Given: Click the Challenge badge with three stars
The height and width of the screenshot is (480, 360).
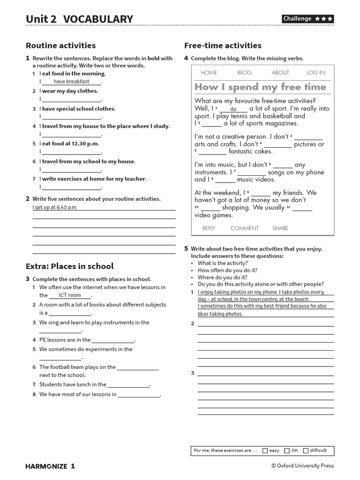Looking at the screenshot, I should coord(307,19).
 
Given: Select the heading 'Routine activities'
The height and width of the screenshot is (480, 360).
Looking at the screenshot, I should coord(60,45).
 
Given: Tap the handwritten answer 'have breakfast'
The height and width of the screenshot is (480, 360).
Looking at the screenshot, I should coord(71,82).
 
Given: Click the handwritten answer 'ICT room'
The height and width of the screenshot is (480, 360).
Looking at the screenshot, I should coord(69,295).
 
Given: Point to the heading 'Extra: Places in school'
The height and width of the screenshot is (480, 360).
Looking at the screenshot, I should coord(69,266).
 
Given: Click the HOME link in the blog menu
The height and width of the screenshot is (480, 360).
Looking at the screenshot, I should coord(209,73).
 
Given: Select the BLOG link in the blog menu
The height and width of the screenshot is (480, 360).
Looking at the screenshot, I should coord(244,73).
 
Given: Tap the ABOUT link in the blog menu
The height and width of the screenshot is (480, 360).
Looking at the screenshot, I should coord(280,73).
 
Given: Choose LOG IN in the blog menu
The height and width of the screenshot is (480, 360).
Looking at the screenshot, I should coord(315,73).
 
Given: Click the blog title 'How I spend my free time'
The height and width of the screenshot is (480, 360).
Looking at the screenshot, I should coord(260,87).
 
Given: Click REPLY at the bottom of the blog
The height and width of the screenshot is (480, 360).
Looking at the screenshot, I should coord(209,228).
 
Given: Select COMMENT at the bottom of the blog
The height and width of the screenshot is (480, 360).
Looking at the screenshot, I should coord(244,228).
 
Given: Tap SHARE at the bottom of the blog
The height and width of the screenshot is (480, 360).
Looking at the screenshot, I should coord(280,228).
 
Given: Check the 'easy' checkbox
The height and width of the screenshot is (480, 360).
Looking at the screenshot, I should coord(265,450).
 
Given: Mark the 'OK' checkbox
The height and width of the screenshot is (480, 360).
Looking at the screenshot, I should coord(287,450).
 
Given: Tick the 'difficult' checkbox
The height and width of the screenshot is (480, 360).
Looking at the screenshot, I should coord(306,450).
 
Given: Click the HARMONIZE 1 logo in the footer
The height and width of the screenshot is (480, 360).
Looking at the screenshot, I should coord(50,466).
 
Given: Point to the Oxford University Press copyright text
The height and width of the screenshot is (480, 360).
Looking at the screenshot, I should coord(302,466).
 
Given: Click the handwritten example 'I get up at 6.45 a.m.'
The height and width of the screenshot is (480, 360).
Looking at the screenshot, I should coord(54,207).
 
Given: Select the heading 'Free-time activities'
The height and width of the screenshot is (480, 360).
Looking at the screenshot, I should coord(223,45).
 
